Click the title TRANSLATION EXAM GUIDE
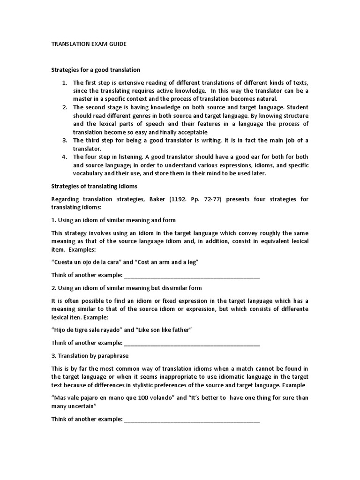[x=89, y=44]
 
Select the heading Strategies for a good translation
[x=96, y=70]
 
